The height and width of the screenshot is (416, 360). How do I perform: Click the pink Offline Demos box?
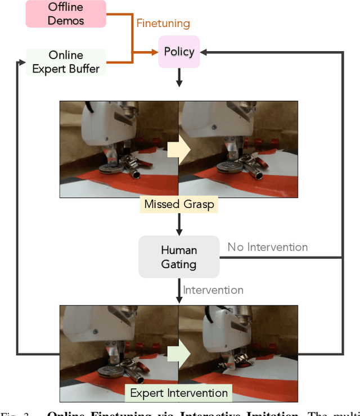click(66, 13)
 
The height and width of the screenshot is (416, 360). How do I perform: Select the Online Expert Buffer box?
click(66, 62)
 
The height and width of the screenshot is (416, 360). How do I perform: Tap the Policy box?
click(179, 52)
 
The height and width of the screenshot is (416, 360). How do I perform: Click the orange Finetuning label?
click(163, 24)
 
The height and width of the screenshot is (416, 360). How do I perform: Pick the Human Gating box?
click(178, 257)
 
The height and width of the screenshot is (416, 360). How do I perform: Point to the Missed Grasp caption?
click(179, 204)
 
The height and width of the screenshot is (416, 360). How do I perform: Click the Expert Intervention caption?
click(179, 392)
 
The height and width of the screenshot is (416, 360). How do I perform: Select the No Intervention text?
click(268, 247)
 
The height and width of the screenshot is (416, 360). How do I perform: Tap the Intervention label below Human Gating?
click(213, 290)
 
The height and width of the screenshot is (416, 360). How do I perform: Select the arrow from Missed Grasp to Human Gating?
click(179, 224)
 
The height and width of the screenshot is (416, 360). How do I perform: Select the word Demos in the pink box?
click(66, 20)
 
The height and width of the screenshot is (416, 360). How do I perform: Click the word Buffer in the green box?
click(84, 69)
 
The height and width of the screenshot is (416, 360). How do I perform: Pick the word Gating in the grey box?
click(178, 264)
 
